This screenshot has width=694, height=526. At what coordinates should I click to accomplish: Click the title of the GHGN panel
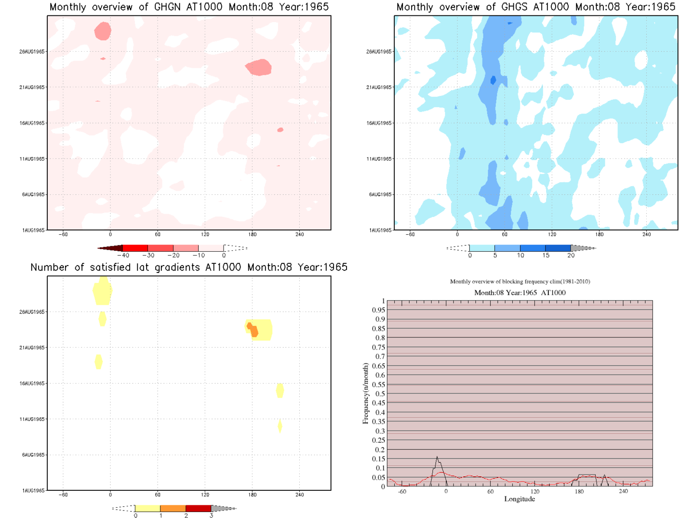[189, 7]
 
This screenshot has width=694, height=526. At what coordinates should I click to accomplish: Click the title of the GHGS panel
[535, 7]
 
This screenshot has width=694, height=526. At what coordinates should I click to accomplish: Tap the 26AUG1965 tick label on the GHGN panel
[32, 52]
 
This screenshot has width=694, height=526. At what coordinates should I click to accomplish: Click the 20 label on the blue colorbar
[571, 256]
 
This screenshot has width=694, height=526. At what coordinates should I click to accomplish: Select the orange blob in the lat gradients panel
[253, 331]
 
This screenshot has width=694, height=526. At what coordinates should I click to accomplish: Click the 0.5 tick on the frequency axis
[380, 394]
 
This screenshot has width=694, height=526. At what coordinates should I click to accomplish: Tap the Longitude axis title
[520, 499]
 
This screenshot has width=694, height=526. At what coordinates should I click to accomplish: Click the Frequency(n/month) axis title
[365, 393]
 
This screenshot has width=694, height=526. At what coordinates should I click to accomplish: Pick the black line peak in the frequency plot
[437, 457]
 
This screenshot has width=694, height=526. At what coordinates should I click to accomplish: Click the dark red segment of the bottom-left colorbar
[198, 508]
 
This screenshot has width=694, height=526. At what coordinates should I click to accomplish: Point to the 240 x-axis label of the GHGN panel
[300, 235]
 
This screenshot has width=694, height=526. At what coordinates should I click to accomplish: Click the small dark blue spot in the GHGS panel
[493, 80]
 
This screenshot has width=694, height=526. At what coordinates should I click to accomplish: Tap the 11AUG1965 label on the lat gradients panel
[32, 419]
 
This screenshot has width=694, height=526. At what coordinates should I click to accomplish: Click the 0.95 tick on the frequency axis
[378, 310]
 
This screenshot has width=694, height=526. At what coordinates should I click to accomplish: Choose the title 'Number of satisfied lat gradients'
[189, 268]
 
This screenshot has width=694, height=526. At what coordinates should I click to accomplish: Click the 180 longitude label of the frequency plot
[579, 492]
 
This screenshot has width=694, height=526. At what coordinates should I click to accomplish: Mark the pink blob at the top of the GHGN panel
[103, 31]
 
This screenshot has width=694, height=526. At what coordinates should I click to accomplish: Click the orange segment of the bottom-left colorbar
[173, 508]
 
